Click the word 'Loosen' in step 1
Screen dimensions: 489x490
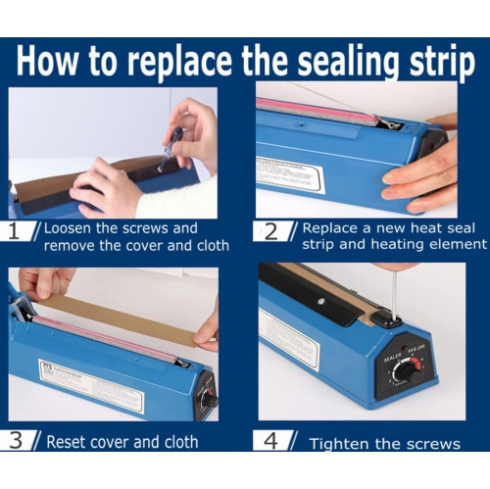click(x=71, y=227)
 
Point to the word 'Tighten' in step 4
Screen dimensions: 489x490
click(x=342, y=444)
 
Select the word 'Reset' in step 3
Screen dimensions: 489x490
click(x=67, y=442)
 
